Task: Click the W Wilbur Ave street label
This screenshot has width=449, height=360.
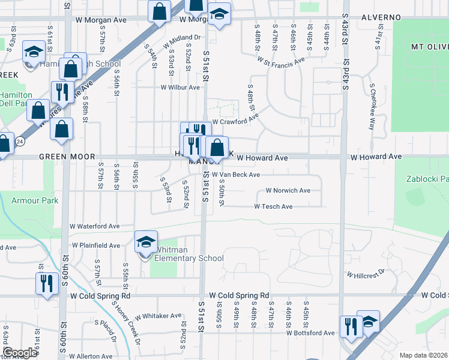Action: tap(179, 87)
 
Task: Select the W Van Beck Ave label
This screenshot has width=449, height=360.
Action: tap(235, 175)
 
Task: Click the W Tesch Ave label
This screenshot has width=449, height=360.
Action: tap(273, 206)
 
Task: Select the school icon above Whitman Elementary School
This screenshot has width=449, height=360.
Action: tap(146, 242)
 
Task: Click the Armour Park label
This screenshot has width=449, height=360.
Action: tap(35, 200)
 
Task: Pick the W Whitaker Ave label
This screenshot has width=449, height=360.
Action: tap(158, 316)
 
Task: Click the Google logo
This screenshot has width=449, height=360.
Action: tap(20, 353)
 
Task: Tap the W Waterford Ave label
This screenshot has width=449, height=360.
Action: tap(94, 226)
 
